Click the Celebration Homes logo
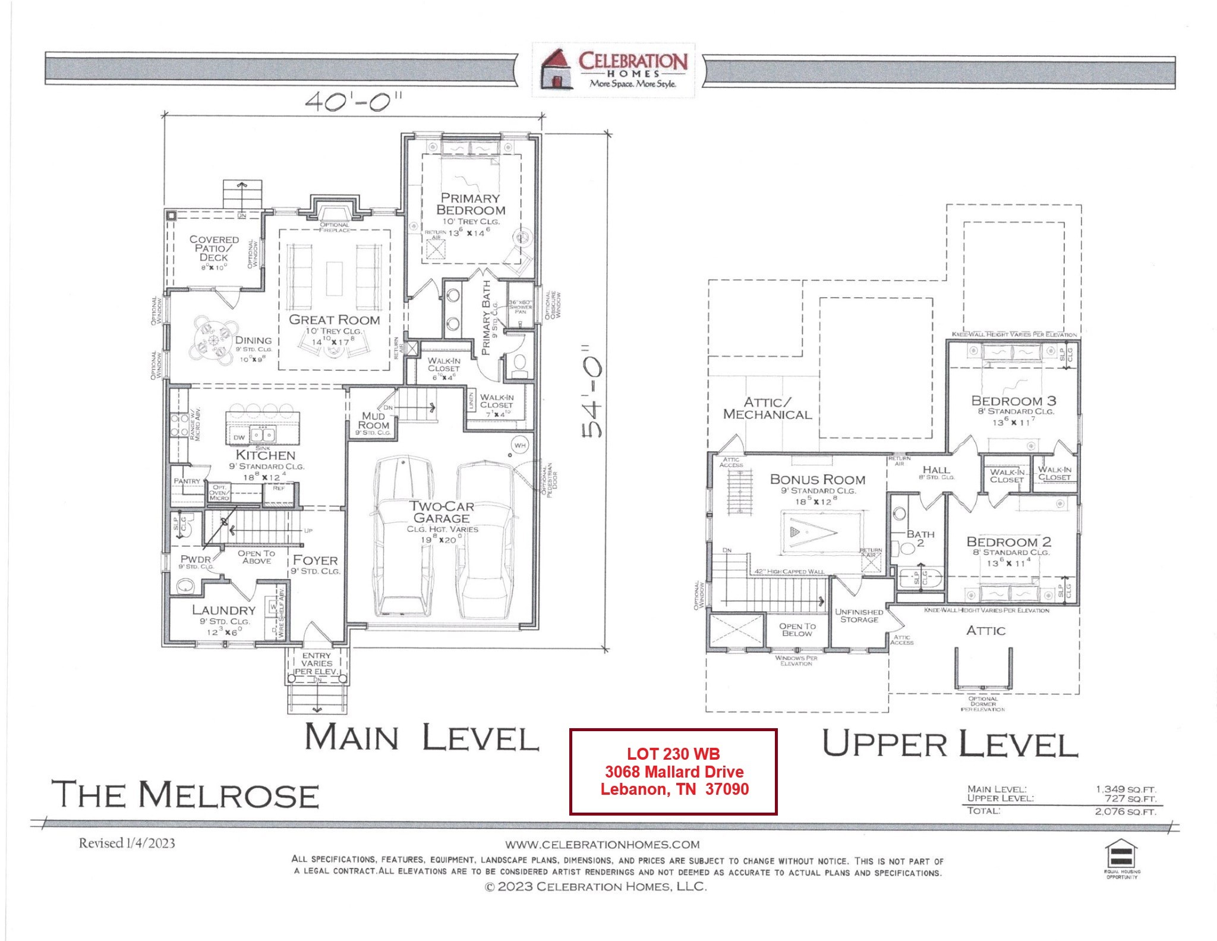point(613,70)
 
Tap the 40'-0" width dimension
point(353,102)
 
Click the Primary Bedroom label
point(471,204)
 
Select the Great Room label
point(334,320)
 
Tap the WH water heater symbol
point(520,445)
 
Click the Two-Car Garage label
point(441,512)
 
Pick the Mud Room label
point(374,420)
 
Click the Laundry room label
point(223,610)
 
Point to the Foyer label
point(315,560)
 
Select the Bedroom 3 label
point(1013,401)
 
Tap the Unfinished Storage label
point(859,615)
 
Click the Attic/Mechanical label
point(767,408)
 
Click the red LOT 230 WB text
point(673,754)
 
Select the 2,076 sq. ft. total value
point(1125,811)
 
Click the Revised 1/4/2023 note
point(127,843)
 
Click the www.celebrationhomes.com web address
point(602,844)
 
